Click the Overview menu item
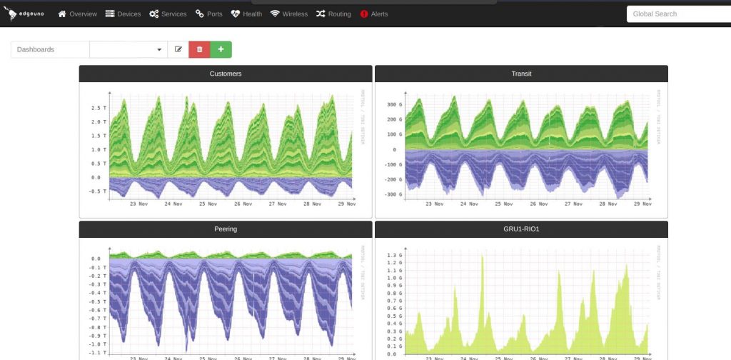pyautogui.click(x=77, y=14)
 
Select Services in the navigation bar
pyautogui.click(x=168, y=14)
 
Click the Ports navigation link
pyautogui.click(x=208, y=14)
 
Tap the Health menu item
pyautogui.click(x=246, y=14)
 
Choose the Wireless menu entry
pyautogui.click(x=289, y=14)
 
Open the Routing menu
pyautogui.click(x=333, y=14)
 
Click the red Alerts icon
pyautogui.click(x=364, y=14)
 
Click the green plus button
pyautogui.click(x=221, y=49)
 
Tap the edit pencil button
pyautogui.click(x=178, y=49)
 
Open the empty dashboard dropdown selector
pyautogui.click(x=128, y=49)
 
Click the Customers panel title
pyautogui.click(x=226, y=74)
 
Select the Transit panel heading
pyautogui.click(x=521, y=74)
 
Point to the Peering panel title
pyautogui.click(x=226, y=229)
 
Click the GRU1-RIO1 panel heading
pyautogui.click(x=521, y=229)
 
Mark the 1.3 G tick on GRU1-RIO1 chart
pyautogui.click(x=395, y=255)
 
